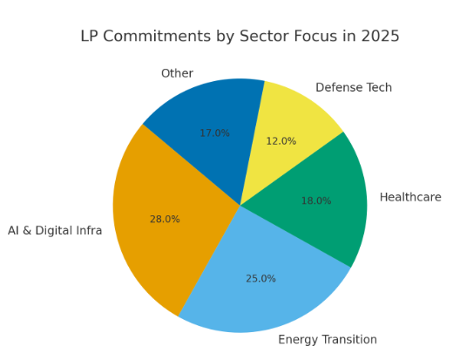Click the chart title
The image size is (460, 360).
(240, 37)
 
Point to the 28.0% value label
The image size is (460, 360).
(165, 220)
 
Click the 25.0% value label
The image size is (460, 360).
(260, 279)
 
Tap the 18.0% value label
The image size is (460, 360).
(316, 201)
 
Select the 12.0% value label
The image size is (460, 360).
(281, 141)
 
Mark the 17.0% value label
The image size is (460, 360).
(214, 133)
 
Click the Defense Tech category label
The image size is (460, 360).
(354, 88)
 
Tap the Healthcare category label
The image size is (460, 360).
(410, 198)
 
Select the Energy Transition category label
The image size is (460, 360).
(328, 340)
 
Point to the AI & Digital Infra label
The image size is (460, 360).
(55, 231)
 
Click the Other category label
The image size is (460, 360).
(177, 74)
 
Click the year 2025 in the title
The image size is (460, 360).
(380, 37)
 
